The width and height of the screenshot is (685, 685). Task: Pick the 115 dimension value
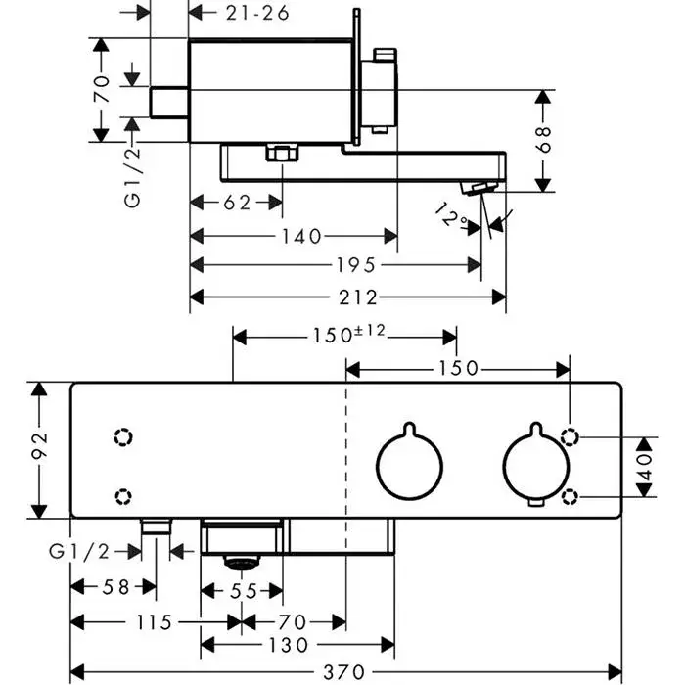157,621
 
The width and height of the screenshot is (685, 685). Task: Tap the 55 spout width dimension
243,591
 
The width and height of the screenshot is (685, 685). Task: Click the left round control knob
409,464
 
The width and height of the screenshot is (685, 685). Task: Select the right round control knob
534,464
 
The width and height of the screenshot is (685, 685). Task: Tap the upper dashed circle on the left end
123,436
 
